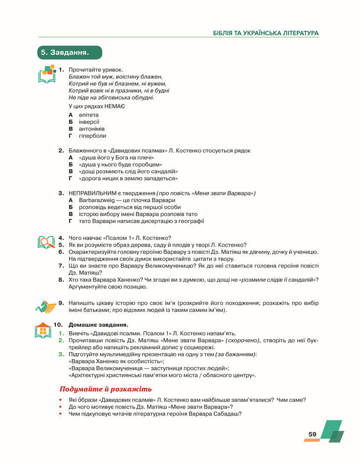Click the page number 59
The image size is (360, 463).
pos(312,434)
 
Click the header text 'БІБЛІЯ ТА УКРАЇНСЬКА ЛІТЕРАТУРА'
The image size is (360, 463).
pos(266,33)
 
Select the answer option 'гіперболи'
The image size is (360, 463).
pos(92,136)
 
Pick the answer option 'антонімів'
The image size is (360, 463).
pos(92,128)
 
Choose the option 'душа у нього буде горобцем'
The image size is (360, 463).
pos(120,164)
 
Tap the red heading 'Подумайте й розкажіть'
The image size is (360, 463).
pos(106,389)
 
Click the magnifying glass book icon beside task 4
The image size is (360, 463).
pos(46,242)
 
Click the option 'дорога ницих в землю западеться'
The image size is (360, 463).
pos(127,178)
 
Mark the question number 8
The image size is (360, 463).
pos(61,279)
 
